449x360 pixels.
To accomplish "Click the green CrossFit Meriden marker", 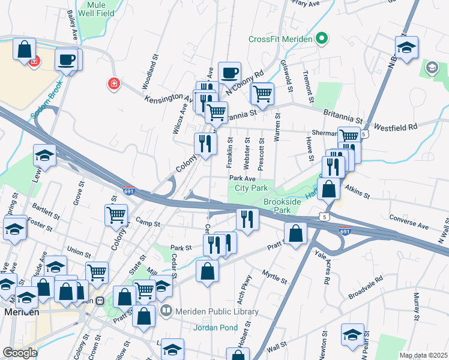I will coord(321,40).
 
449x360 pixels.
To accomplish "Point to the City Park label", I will coord(250,188).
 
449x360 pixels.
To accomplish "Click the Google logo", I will coord(20,352).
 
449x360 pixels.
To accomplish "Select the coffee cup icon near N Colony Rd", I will coord(229,73).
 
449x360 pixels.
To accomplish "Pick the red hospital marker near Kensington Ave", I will coord(113,83).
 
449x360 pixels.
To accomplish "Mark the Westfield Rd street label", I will coord(396,127).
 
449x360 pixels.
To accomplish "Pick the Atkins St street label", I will coord(357,191).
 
